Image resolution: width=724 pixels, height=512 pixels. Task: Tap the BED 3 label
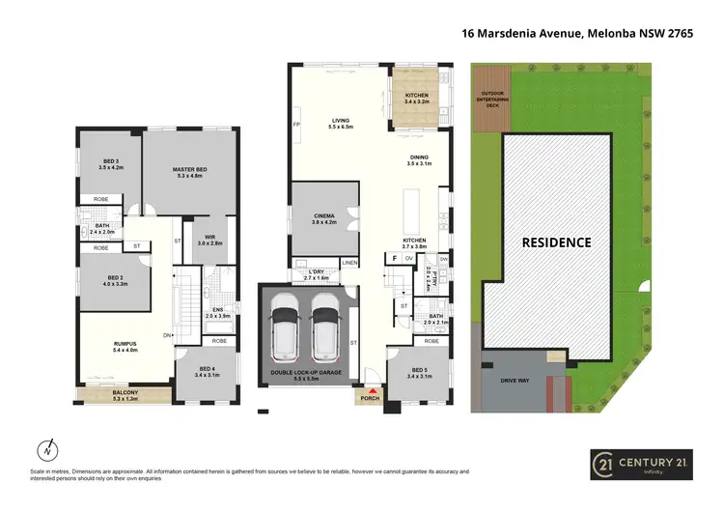click(x=112, y=161)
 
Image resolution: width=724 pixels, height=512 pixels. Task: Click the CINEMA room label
click(x=323, y=216)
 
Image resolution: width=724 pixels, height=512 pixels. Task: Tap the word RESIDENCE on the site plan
click(x=556, y=242)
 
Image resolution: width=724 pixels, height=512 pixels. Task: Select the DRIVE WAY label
click(x=515, y=381)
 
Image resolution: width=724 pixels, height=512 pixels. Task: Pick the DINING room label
click(x=417, y=159)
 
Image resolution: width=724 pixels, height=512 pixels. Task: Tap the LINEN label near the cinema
click(x=349, y=263)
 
